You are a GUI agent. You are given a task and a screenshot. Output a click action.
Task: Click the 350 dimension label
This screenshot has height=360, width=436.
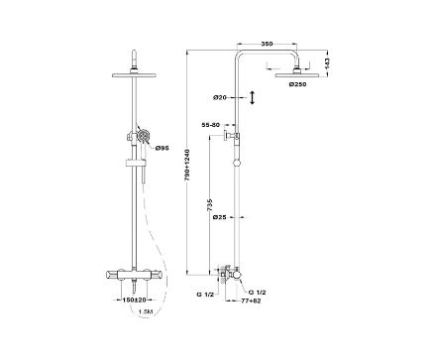[267, 44]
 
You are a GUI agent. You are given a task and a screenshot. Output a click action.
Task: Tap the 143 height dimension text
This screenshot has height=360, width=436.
[327, 63]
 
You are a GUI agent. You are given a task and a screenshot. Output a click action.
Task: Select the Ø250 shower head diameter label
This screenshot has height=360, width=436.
[297, 84]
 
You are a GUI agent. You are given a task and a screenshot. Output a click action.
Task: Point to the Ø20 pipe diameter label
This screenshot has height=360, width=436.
[220, 97]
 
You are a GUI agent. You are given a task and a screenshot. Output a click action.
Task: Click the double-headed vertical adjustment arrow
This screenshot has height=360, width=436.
[252, 97]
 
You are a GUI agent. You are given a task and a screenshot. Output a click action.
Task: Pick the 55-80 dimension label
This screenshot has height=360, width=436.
[210, 125]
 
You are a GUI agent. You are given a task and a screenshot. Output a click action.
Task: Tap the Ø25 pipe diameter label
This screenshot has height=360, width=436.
[220, 217]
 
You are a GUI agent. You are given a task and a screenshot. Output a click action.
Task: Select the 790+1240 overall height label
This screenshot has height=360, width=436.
[187, 165]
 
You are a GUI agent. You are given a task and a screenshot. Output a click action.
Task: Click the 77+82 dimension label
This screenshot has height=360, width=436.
[252, 301]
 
